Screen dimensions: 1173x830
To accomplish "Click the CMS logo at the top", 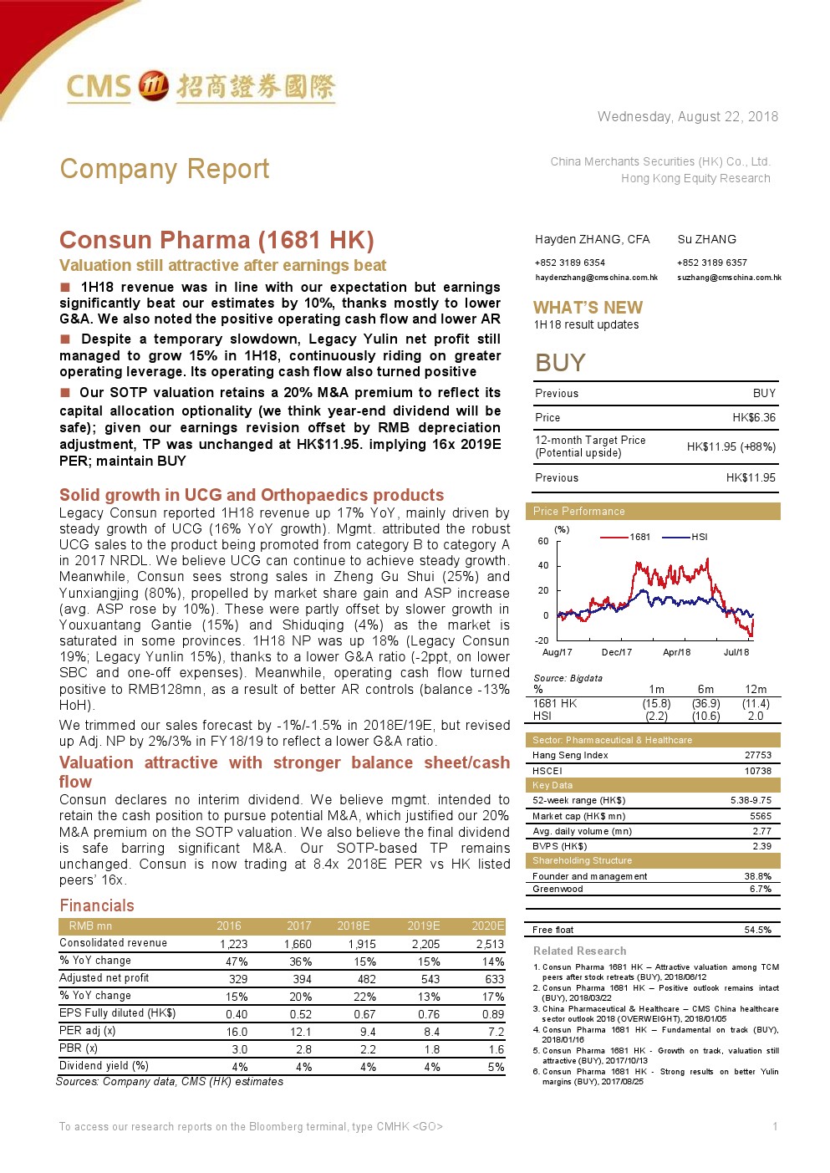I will tap(201, 86).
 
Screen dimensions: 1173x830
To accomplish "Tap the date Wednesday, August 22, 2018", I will tap(687, 117).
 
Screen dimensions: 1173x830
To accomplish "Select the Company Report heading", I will tap(165, 169).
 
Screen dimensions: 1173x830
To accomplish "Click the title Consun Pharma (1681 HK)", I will tap(216, 241).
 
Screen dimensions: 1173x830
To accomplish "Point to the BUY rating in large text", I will tap(560, 363).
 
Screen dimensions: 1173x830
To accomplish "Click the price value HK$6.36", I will tap(754, 417).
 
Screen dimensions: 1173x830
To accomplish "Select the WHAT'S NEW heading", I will tap(588, 308).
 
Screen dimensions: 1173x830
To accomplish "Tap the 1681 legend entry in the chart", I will tap(639, 537).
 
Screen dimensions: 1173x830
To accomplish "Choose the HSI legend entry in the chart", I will tap(699, 537).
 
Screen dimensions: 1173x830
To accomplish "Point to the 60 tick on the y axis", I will tap(543, 541).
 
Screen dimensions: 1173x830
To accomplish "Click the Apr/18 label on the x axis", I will tap(676, 652).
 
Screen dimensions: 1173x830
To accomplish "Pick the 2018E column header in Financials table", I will tap(353, 926).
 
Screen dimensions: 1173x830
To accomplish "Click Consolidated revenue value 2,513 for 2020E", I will tap(490, 944).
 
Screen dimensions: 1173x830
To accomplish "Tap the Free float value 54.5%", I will tap(757, 930).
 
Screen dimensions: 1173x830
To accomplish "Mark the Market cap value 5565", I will tap(761, 816).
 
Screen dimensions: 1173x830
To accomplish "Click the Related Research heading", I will tap(579, 951).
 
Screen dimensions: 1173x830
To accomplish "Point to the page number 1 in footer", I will tap(775, 1126).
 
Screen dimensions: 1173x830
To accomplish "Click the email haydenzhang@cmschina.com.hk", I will tap(596, 278).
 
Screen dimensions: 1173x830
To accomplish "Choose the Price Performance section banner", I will tap(578, 511).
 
